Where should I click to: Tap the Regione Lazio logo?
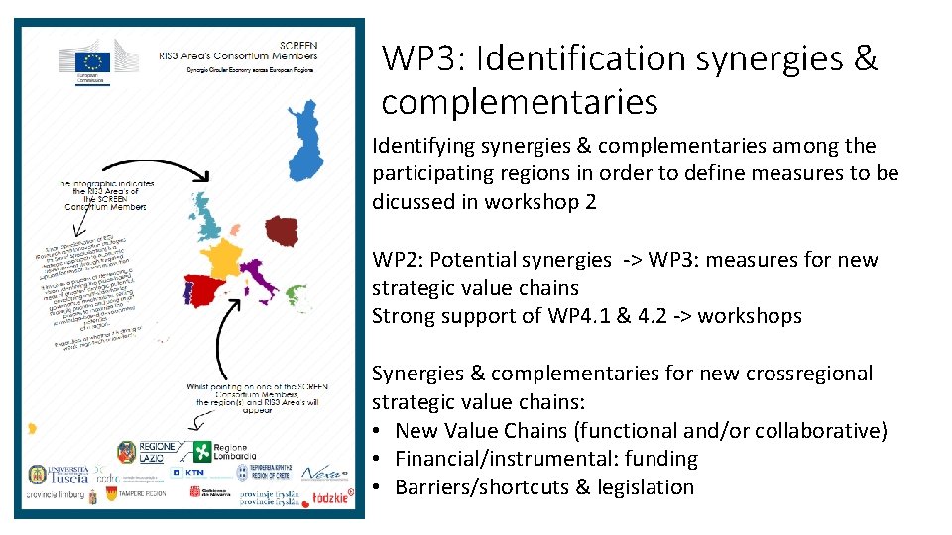147,453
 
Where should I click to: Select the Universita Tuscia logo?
59,475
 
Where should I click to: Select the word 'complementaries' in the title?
519,101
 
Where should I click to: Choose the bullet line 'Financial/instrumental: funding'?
546,459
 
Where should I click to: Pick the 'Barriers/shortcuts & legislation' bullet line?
544,486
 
